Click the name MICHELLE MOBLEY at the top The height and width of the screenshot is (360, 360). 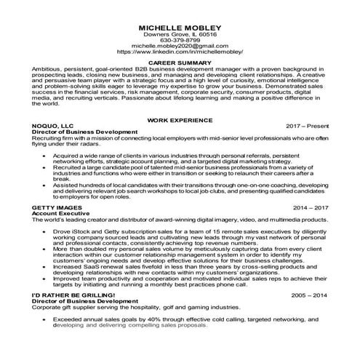(x=179, y=28)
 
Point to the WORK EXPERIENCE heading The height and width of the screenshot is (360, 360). (x=179, y=119)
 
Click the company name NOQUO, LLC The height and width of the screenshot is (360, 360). (x=53, y=125)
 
